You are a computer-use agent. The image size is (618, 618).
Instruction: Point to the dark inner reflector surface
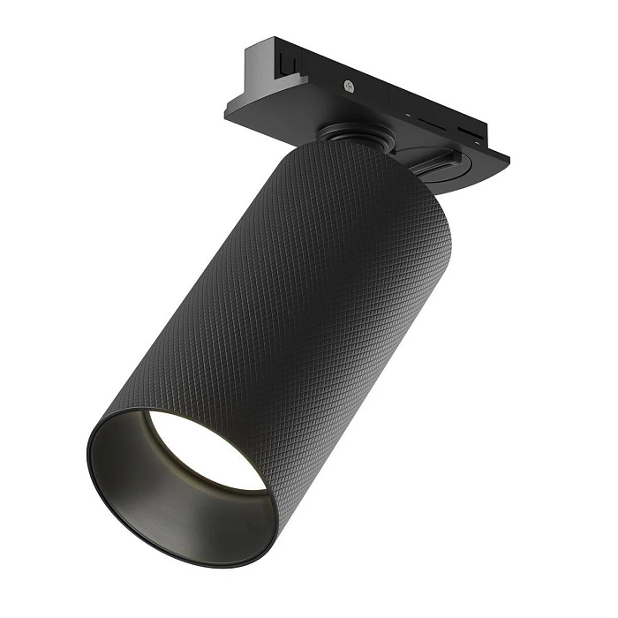[x=150, y=494]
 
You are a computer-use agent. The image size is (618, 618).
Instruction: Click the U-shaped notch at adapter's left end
[x=285, y=62]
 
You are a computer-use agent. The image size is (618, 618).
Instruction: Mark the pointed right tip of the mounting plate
[x=507, y=160]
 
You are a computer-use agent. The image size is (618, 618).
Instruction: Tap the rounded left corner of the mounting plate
[x=228, y=110]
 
